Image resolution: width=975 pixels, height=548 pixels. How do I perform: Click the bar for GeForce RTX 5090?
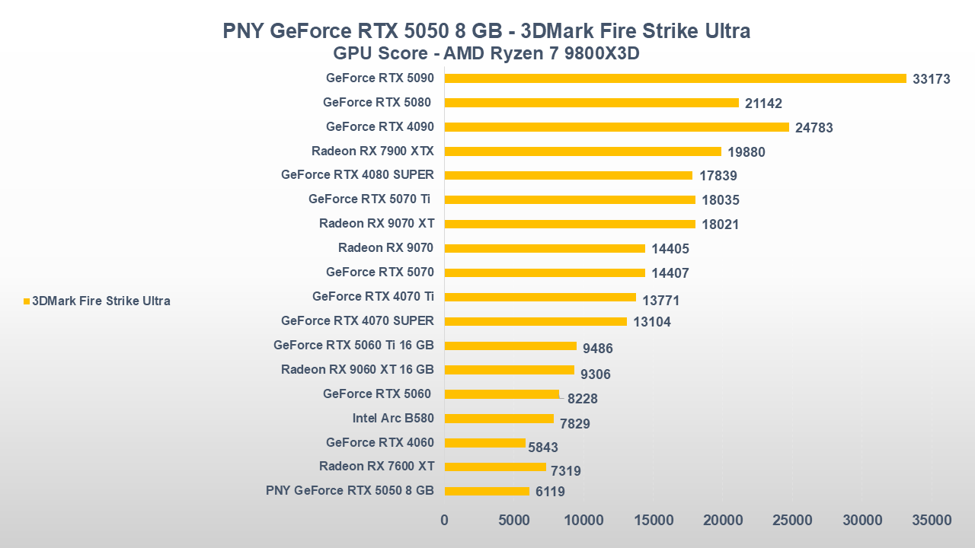pyautogui.click(x=675, y=78)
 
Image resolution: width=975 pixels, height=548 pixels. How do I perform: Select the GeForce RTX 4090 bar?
pyautogui.click(x=616, y=127)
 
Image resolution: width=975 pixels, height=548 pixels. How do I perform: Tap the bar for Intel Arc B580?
pyautogui.click(x=499, y=419)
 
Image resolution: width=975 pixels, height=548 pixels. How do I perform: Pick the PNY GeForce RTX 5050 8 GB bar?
pyautogui.click(x=487, y=491)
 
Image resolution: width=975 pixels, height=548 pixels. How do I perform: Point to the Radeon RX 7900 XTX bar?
pyautogui.click(x=583, y=151)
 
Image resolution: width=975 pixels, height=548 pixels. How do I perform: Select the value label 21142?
pyautogui.click(x=764, y=104)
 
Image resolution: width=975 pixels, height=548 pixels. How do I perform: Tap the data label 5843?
pyautogui.click(x=543, y=448)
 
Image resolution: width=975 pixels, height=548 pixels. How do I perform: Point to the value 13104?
pyautogui.click(x=652, y=322)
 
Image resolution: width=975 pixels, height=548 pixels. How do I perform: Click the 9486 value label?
pyautogui.click(x=598, y=349)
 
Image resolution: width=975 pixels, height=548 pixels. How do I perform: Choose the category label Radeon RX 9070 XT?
pyautogui.click(x=376, y=224)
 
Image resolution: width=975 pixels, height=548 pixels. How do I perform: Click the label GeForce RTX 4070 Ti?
pyautogui.click(x=373, y=297)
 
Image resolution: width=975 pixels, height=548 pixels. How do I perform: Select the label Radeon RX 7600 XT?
pyautogui.click(x=376, y=467)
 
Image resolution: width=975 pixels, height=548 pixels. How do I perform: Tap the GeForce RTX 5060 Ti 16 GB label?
pyautogui.click(x=353, y=346)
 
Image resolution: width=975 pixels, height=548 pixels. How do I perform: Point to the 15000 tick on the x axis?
pyautogui.click(x=654, y=521)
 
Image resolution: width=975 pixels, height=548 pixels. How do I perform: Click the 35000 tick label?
pyautogui.click(x=932, y=521)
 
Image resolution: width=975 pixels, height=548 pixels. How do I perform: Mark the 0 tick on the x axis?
pyautogui.click(x=445, y=521)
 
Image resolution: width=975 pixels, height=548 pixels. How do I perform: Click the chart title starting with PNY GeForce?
pyautogui.click(x=487, y=31)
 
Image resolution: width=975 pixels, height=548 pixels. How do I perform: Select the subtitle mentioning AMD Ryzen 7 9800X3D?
pyautogui.click(x=487, y=55)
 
